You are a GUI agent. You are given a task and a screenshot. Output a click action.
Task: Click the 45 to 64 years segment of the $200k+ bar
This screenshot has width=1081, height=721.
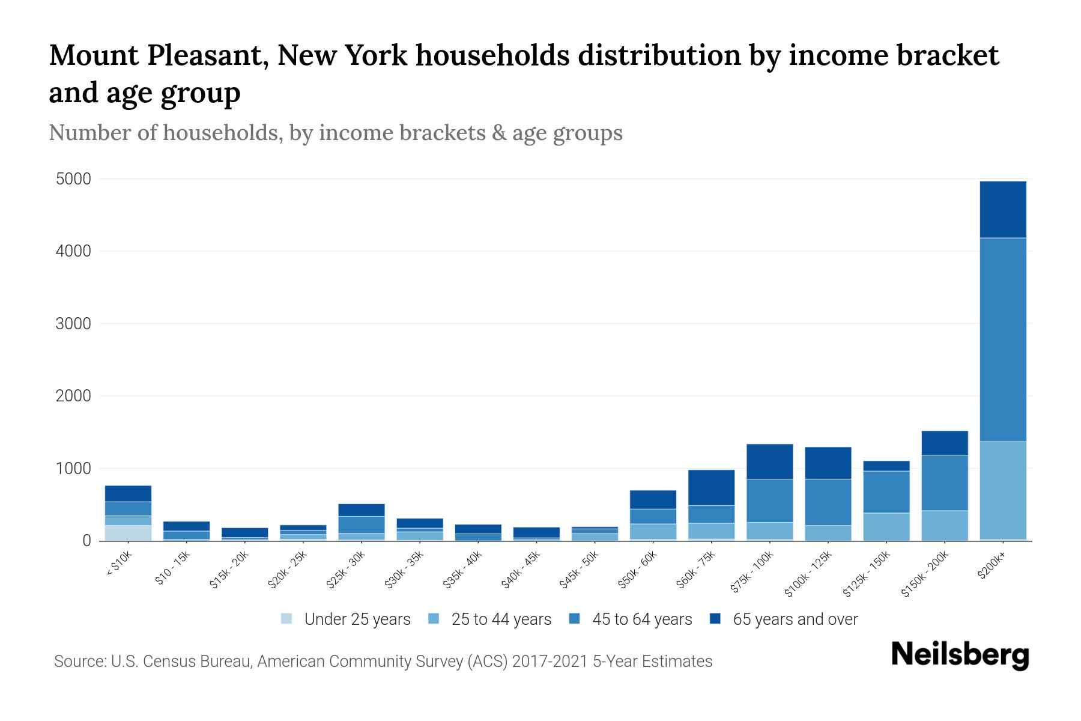[1003, 339]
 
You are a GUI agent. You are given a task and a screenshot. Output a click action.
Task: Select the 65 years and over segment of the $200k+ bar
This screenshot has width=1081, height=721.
[1003, 209]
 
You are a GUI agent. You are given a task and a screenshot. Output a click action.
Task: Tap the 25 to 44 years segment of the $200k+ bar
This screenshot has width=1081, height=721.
[1003, 490]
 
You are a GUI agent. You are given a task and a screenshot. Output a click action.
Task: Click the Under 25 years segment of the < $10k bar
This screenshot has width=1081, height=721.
[128, 533]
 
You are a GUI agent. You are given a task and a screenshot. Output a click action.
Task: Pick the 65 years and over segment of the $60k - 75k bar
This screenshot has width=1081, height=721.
[711, 487]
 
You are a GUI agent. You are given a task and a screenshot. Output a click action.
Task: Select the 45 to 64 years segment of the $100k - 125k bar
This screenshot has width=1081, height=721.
[828, 502]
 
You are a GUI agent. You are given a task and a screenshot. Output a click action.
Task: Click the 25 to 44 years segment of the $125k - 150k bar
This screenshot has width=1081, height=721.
[886, 526]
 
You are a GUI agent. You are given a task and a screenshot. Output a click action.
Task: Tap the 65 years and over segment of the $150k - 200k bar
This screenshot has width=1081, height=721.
[945, 443]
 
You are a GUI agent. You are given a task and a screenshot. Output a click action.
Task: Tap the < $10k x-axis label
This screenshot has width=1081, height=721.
[119, 565]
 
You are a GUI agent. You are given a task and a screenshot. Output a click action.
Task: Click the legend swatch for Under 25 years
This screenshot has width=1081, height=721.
[287, 619]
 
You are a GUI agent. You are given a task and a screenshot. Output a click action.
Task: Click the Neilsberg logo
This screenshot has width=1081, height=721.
[960, 655]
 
